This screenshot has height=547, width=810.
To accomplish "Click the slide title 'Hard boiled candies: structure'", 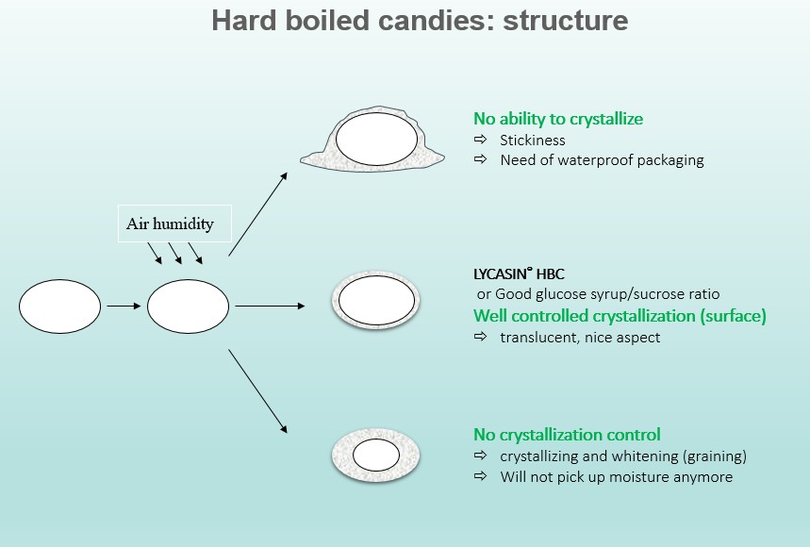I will pos(419,21).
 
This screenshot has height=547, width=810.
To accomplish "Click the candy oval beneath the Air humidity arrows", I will pos(189,306).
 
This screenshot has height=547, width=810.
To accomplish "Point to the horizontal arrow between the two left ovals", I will pos(123,306).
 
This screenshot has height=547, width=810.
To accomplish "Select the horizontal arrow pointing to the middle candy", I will pos(270,306).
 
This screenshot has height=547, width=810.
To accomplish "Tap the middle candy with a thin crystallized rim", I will pos(375,302).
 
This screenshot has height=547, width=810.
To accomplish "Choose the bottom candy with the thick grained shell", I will pos(375,456).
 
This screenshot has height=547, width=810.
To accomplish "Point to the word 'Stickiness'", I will pos(533,141).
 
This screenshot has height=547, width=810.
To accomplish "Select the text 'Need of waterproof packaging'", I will pos(602,160).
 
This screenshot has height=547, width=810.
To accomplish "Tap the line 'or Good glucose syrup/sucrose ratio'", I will pos(598,294).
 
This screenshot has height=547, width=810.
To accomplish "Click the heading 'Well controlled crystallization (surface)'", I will pos(620,316).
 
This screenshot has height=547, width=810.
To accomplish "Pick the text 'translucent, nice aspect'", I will pos(580,337).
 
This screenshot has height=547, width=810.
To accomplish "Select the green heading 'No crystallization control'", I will pos(567,435).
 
